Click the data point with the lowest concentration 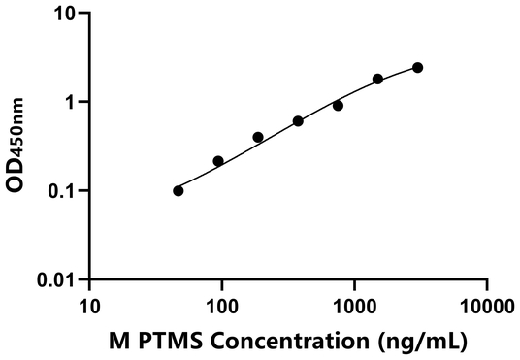(178, 190)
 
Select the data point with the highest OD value (417, 67)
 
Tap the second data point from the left (218, 161)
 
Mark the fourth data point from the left (298, 121)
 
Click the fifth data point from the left (338, 105)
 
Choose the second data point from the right (377, 79)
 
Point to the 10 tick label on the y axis (64, 14)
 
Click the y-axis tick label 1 (69, 102)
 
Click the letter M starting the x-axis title (118, 341)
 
